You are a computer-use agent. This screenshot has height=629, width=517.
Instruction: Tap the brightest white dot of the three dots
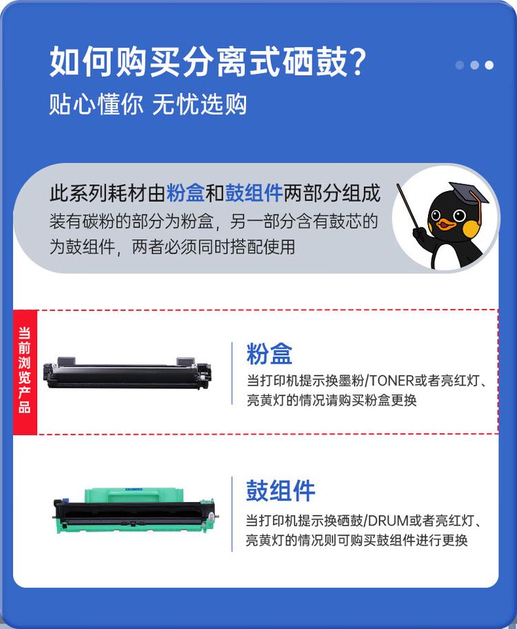pyautogui.click(x=489, y=65)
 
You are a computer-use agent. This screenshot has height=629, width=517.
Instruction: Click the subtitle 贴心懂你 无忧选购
pyautogui.click(x=148, y=105)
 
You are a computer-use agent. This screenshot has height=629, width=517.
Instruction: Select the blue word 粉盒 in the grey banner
pyautogui.click(x=185, y=194)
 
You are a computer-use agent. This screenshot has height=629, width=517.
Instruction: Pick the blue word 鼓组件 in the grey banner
pyautogui.click(x=254, y=194)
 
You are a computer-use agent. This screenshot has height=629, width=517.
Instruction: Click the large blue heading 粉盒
pyautogui.click(x=270, y=354)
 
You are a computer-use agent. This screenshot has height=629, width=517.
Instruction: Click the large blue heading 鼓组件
pyautogui.click(x=281, y=491)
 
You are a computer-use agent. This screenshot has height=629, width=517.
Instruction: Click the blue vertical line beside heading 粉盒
pyautogui.click(x=232, y=372)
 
